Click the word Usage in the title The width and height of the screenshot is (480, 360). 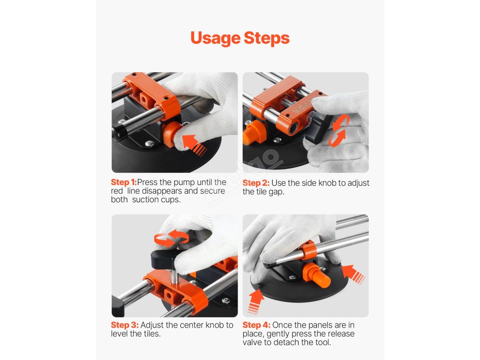point(216,38)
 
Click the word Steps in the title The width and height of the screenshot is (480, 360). point(267,38)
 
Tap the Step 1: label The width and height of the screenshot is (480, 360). point(124,182)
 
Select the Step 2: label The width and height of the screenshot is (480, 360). point(256,183)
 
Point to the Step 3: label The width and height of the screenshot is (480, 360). point(125,325)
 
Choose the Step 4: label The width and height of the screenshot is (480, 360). point(256,325)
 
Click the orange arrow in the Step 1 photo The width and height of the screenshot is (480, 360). point(194,144)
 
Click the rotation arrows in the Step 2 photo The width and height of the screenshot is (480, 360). point(338,130)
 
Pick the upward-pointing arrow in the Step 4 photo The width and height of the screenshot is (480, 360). point(256,301)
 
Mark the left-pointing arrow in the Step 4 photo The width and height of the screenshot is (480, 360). point(352,274)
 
